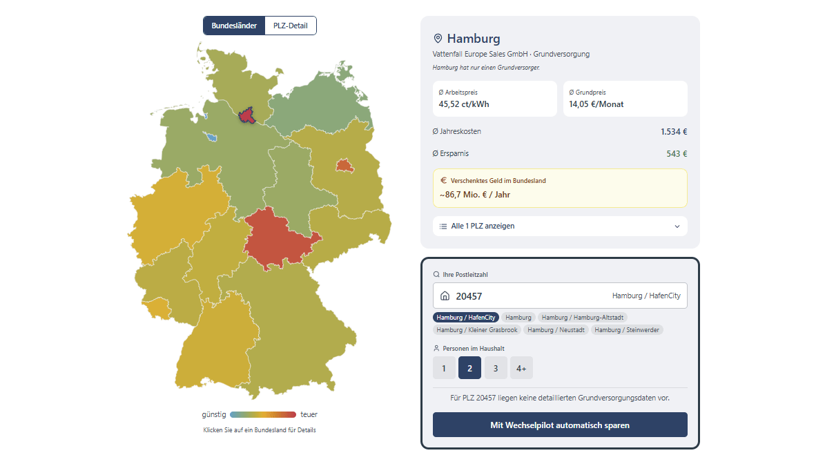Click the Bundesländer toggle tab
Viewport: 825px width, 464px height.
click(234, 26)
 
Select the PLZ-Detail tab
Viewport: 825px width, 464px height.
click(291, 26)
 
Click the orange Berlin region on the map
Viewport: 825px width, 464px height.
click(343, 166)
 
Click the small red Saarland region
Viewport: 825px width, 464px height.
click(161, 313)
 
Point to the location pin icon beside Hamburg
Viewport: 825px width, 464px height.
click(438, 39)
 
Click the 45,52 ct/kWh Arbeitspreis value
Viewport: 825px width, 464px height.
click(464, 105)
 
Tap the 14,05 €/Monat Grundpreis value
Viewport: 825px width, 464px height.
click(596, 105)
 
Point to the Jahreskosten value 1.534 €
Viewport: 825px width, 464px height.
click(673, 132)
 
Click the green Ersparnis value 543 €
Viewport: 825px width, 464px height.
click(677, 154)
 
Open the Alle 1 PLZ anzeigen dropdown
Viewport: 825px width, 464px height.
click(560, 226)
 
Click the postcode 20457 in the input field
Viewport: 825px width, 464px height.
click(469, 296)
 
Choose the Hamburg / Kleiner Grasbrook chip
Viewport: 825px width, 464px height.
click(476, 330)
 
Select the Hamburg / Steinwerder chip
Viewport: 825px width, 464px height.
click(627, 330)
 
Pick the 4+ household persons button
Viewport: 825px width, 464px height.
click(521, 368)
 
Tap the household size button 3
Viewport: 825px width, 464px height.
click(496, 368)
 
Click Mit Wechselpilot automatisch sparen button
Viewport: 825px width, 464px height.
click(560, 425)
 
